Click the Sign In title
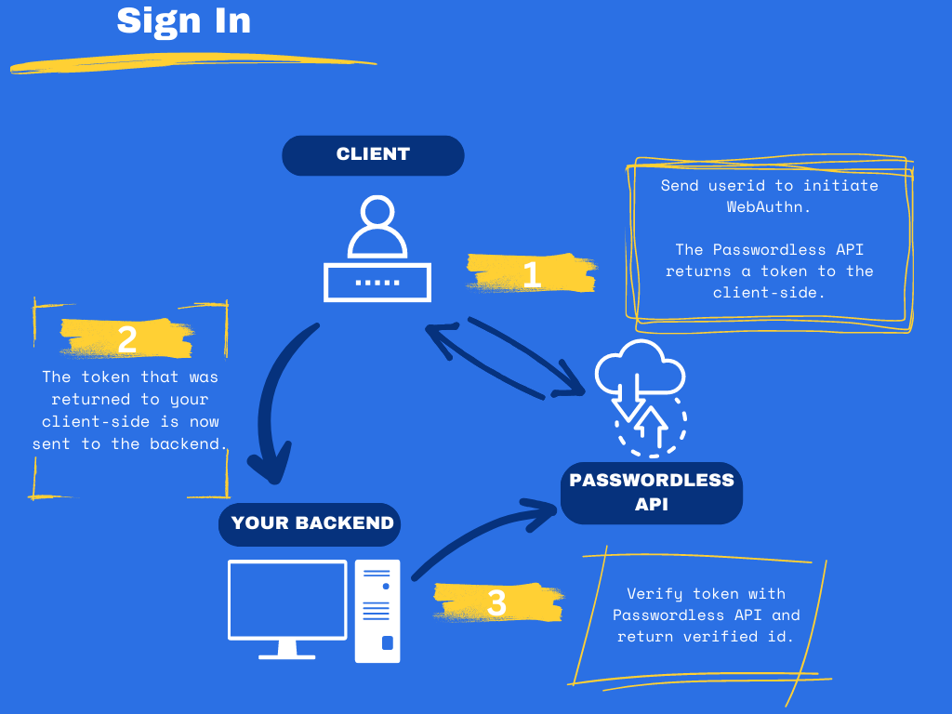(x=184, y=20)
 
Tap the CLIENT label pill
(x=373, y=155)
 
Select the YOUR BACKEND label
(x=311, y=523)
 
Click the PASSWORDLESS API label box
(x=652, y=493)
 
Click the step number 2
(x=127, y=340)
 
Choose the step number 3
(x=497, y=603)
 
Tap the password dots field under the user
(x=377, y=282)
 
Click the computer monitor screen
(x=287, y=600)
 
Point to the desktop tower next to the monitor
(x=377, y=611)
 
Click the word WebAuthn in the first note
(x=769, y=207)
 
